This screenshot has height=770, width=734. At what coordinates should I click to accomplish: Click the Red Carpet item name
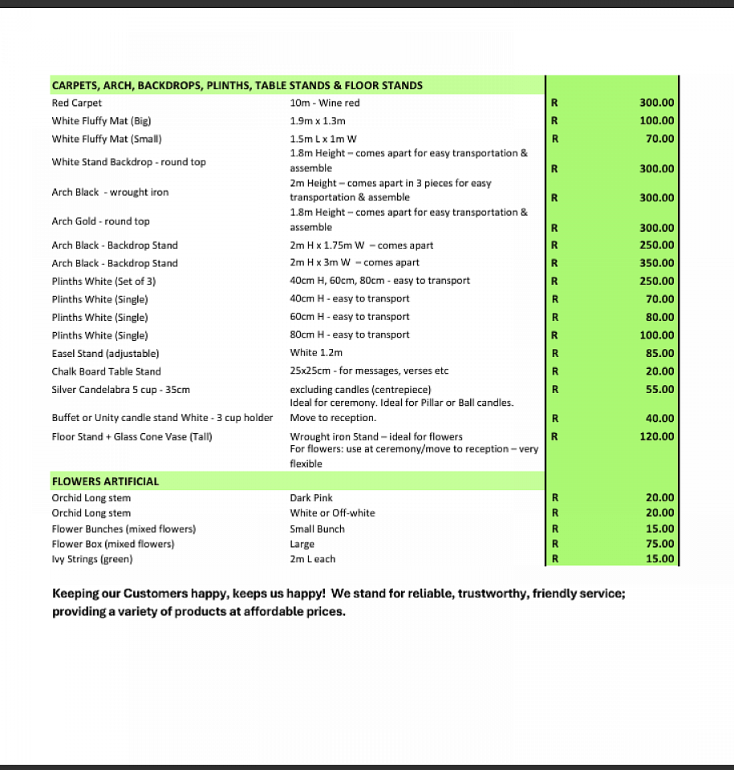pos(77,103)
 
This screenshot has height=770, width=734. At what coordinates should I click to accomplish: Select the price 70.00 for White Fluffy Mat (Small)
pos(659,139)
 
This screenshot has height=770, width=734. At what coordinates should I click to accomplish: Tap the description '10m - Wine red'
pos(325,103)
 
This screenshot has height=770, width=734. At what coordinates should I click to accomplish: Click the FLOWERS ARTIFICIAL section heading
pos(105,481)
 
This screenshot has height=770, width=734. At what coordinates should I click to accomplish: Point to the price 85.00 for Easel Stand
pos(659,353)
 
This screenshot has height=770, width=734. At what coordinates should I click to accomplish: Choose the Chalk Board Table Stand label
pos(106,371)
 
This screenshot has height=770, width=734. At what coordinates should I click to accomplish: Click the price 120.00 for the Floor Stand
pos(657,436)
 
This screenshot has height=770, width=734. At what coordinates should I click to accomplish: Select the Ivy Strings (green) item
pos(92,559)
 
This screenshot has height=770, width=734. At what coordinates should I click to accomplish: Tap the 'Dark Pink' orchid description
pos(311,498)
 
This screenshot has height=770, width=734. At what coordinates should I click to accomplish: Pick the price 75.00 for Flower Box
pos(659,544)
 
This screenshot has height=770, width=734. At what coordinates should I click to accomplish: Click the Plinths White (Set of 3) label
pos(103,281)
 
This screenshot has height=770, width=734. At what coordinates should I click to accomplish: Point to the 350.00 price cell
pos(657,263)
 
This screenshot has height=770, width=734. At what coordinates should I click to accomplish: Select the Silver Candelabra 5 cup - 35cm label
pos(120,389)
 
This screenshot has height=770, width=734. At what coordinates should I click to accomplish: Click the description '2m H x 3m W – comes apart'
pos(355,262)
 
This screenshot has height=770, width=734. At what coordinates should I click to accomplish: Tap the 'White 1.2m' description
pos(316,353)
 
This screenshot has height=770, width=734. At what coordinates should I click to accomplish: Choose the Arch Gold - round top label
pos(100,221)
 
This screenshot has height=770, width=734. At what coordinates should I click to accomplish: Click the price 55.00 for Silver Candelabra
pos(659,389)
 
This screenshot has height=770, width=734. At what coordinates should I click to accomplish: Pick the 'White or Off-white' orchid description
pos(332,513)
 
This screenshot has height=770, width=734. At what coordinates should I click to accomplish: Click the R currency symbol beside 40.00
pos(554,418)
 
